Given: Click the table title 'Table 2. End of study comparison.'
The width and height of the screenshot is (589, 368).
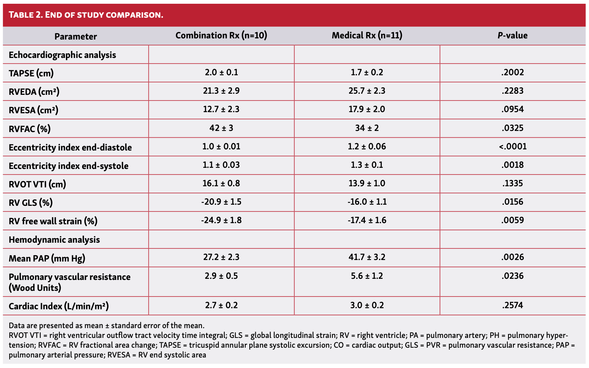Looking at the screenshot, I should pyautogui.click(x=86, y=15).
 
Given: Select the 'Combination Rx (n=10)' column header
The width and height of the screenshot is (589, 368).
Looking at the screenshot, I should pyautogui.click(x=221, y=35).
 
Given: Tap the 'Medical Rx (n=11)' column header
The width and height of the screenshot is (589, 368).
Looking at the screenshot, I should pyautogui.click(x=367, y=35).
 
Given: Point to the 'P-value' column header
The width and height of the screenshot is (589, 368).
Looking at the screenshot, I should pyautogui.click(x=512, y=36).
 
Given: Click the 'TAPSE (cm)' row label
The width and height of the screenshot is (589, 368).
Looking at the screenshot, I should pyautogui.click(x=31, y=73).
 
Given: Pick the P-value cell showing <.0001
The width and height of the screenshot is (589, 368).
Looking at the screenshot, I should pyautogui.click(x=513, y=146).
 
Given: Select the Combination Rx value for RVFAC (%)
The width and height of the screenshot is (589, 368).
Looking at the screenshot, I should pyautogui.click(x=221, y=128).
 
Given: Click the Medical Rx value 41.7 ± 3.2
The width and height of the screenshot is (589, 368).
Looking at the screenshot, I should pyautogui.click(x=367, y=257).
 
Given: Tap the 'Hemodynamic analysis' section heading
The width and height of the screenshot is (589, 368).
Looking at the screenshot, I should pyautogui.click(x=54, y=240).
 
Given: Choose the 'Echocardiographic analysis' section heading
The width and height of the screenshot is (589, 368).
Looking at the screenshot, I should pyautogui.click(x=62, y=55).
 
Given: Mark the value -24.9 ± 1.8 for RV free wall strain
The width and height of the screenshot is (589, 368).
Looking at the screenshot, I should pyautogui.click(x=221, y=220).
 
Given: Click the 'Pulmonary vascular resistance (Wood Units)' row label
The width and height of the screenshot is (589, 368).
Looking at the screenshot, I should pyautogui.click(x=69, y=282).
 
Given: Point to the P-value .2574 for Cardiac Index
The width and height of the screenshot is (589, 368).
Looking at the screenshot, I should pyautogui.click(x=513, y=306).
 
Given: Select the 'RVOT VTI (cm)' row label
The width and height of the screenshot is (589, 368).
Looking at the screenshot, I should pyautogui.click(x=37, y=184).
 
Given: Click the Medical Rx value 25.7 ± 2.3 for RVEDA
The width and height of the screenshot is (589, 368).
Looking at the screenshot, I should pyautogui.click(x=367, y=91).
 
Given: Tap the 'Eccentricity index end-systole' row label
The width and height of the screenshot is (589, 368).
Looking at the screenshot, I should pyautogui.click(x=69, y=166).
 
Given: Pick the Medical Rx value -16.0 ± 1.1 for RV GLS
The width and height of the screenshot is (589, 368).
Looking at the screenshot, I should pyautogui.click(x=367, y=202).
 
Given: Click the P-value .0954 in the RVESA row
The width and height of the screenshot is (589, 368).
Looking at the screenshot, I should pyautogui.click(x=513, y=109).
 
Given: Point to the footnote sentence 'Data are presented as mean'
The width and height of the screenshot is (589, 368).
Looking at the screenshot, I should pyautogui.click(x=106, y=325).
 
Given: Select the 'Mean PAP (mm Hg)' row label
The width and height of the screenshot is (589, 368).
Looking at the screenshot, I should pyautogui.click(x=47, y=258).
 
